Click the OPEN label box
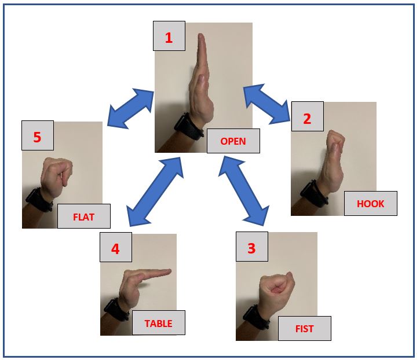[x=233, y=141]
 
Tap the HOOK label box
[x=371, y=203]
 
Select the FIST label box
[x=305, y=328]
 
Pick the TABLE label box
[x=159, y=322]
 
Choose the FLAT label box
[x=84, y=216]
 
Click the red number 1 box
[x=169, y=36]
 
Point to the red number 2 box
[x=308, y=116]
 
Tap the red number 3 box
[x=252, y=247]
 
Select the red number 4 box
[x=116, y=247]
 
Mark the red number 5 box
[x=38, y=135]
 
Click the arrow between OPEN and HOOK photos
[x=267, y=104]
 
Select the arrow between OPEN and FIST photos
[x=244, y=191]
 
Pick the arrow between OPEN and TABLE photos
[x=155, y=192]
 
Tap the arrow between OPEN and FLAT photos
[x=130, y=108]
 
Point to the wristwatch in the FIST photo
[x=256, y=318]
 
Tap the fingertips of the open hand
[x=202, y=38]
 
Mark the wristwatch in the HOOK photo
[x=314, y=194]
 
